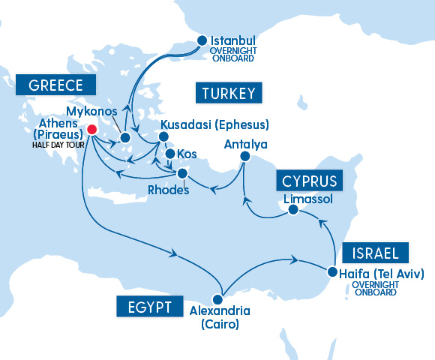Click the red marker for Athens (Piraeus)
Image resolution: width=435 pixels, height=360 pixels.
tap(91, 129)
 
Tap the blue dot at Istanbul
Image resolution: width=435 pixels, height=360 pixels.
tap(202, 40)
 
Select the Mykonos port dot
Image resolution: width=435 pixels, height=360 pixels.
tap(125, 137)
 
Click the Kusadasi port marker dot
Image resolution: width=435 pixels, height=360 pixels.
tap(161, 137)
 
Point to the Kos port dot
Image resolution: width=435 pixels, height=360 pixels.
tap(169, 154)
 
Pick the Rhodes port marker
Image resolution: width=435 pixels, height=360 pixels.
tap(183, 174)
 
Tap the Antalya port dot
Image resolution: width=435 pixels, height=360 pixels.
tap(244, 156)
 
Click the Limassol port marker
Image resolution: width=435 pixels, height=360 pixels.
tap(294, 211)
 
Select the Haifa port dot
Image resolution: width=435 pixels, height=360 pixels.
tap(331, 271)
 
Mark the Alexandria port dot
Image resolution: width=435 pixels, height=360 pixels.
tap(218, 299)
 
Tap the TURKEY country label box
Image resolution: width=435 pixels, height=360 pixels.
tap(229, 94)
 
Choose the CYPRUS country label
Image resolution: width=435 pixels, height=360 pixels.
tap(309, 181)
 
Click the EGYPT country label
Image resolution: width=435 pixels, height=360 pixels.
tap(149, 307)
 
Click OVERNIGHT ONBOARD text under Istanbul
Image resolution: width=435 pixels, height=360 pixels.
tap(234, 54)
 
